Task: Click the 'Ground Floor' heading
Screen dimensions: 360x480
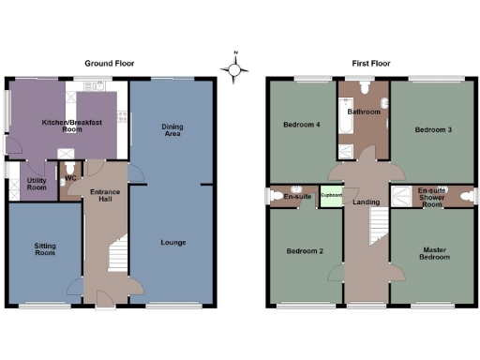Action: point(112,64)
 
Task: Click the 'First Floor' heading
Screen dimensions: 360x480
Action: point(373,64)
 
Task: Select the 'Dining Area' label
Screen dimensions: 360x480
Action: point(172,130)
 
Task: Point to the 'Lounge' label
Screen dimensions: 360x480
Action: point(172,242)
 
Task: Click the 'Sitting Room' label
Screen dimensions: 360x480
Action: point(45,248)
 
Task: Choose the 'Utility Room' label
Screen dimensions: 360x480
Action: point(36,184)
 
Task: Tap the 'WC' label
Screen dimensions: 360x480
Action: point(70,179)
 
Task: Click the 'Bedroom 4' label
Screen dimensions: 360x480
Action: point(300,125)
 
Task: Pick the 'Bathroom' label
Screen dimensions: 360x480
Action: point(363,112)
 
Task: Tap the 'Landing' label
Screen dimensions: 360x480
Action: point(365,202)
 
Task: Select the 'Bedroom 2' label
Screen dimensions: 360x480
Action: point(305,251)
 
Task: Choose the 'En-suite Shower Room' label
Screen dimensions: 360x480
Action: point(431,197)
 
